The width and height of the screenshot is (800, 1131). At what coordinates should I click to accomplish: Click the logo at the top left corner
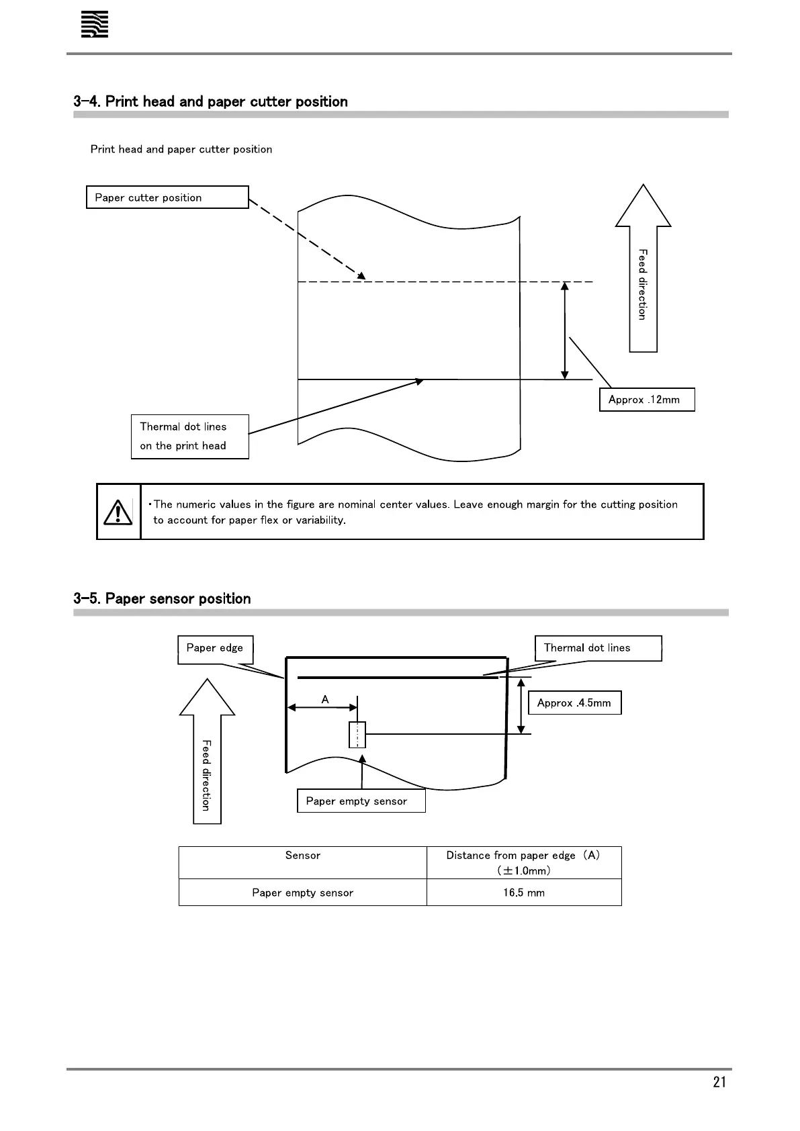coord(95,26)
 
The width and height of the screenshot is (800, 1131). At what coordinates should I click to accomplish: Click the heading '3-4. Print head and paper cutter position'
coord(211,101)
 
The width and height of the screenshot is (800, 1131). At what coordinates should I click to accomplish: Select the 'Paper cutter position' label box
coord(167,197)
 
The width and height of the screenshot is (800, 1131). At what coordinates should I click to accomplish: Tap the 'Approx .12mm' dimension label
coord(646,400)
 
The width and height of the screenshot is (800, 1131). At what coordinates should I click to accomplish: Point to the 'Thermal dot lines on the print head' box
coord(189,437)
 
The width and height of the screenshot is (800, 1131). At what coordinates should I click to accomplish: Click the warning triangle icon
coord(118,512)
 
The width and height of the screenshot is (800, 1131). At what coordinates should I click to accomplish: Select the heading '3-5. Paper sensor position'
coord(162,598)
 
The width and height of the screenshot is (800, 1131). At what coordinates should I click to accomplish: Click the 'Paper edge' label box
coord(215,649)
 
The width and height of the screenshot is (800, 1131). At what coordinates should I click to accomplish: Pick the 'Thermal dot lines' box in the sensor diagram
coord(597,648)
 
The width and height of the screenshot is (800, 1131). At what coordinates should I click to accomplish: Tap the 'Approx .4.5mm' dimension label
coord(574,703)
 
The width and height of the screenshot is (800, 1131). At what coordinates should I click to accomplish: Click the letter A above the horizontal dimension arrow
coord(325,700)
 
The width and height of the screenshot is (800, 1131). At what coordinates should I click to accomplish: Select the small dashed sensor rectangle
coord(357,735)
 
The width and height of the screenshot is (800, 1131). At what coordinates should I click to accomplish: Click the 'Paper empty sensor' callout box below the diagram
coord(361,801)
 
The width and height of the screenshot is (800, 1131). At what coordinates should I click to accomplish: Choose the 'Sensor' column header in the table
coord(302,856)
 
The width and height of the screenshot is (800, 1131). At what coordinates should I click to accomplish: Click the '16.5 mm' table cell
coord(524,893)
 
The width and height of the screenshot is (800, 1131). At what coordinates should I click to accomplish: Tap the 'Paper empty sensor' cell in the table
coord(302,893)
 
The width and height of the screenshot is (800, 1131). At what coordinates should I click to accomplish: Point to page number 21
coord(719,1082)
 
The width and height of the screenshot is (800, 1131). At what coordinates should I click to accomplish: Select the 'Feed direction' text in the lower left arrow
coord(207,775)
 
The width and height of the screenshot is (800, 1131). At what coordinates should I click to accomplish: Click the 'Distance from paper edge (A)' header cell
coord(523,862)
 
